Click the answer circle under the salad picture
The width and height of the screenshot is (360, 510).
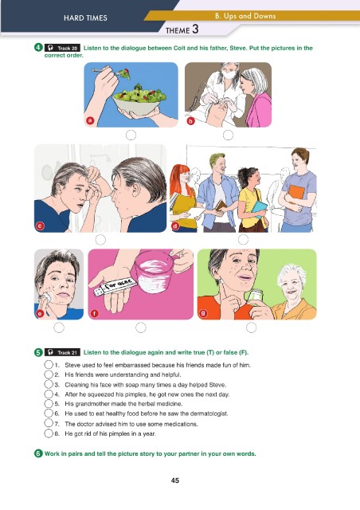coord(131,135)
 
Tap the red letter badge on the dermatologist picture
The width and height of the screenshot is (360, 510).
coord(191,121)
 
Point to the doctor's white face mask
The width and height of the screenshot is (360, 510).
coord(229,74)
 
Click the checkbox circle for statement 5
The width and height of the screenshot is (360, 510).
coord(49,404)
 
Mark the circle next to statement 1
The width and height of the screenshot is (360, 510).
coord(49,365)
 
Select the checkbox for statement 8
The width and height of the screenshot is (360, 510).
coord(49,433)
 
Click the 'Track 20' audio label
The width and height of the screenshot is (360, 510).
coord(62,48)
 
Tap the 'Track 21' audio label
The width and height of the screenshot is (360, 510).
coord(62,352)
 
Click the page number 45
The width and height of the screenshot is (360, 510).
coord(175,481)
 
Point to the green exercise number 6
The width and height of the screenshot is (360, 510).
coord(38,453)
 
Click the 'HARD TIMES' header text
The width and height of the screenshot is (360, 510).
coord(85,18)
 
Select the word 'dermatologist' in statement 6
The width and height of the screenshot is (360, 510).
coord(209,414)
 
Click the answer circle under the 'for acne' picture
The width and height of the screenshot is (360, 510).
coord(140,328)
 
